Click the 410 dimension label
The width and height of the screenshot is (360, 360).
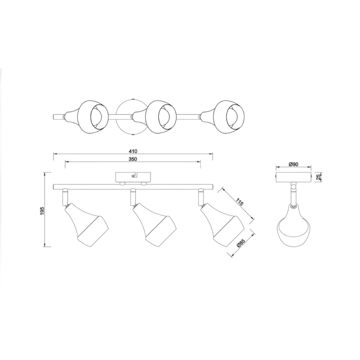tap(133, 151)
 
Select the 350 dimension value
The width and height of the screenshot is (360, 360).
tap(133, 159)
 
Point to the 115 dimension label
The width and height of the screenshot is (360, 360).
tap(239, 201)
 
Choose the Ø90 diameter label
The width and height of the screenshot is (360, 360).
tap(293, 164)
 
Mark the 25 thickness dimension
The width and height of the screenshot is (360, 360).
tap(318, 177)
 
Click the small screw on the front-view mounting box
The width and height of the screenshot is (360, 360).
tap(133, 176)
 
